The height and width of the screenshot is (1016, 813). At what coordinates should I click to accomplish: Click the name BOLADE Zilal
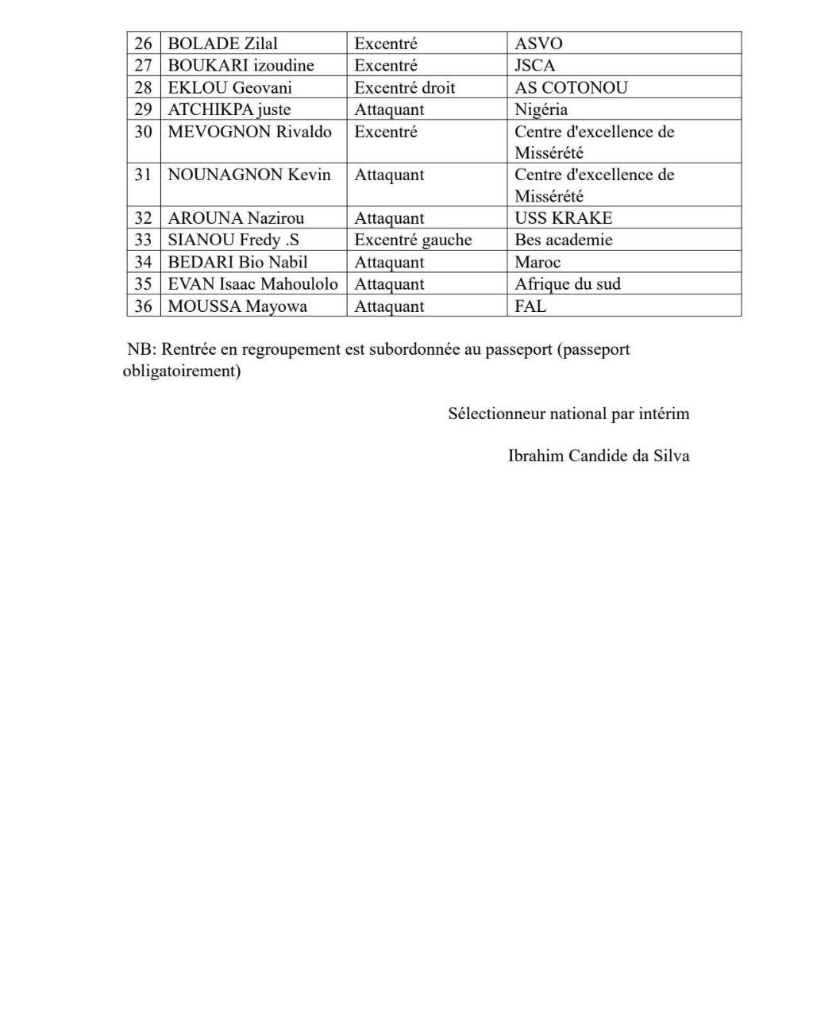(x=222, y=44)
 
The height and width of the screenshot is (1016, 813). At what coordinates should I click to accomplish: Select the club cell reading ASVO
(x=538, y=44)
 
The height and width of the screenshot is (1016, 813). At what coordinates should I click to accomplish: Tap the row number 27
(x=143, y=65)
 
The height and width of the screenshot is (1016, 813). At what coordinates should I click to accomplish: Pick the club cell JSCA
(x=535, y=65)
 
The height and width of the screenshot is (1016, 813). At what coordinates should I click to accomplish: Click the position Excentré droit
(x=404, y=87)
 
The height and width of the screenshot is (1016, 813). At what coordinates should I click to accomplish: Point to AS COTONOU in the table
(x=571, y=87)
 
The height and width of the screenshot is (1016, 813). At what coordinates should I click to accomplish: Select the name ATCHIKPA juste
(x=229, y=110)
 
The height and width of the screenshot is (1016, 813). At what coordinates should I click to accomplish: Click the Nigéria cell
(x=541, y=110)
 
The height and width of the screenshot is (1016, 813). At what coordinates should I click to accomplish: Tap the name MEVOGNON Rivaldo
(x=249, y=132)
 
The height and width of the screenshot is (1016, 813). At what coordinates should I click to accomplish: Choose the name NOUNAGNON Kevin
(x=249, y=175)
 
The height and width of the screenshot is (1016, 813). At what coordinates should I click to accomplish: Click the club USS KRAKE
(x=563, y=218)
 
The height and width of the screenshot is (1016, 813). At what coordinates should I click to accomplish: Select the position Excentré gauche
(x=413, y=240)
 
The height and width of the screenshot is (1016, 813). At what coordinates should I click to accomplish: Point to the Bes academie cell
(x=563, y=240)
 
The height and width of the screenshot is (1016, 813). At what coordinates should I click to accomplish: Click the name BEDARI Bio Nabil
(x=237, y=262)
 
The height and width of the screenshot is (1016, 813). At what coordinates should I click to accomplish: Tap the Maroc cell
(x=538, y=262)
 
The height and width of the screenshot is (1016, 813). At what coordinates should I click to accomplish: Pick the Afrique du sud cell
(x=567, y=284)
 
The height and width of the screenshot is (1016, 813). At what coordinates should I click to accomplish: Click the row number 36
(x=143, y=306)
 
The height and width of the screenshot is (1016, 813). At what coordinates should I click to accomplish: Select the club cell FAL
(x=530, y=306)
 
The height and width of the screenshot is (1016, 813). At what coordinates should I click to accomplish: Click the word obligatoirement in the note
(x=181, y=371)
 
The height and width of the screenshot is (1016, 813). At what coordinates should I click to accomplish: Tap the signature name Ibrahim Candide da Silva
(x=598, y=456)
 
